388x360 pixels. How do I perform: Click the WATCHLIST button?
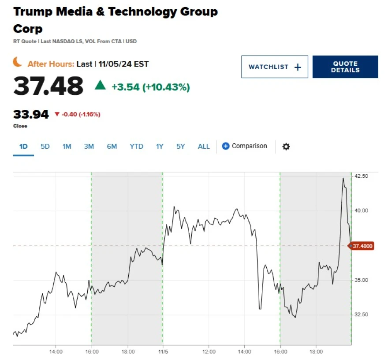pyautogui.click(x=274, y=67)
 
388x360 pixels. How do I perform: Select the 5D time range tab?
pyautogui.click(x=45, y=146)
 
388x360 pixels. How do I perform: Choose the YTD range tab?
pyautogui.click(x=136, y=146)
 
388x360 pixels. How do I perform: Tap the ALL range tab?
pyautogui.click(x=204, y=146)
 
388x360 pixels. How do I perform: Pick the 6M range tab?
pyautogui.click(x=112, y=146)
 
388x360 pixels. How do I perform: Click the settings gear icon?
pyautogui.click(x=286, y=146)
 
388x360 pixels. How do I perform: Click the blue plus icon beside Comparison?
pyautogui.click(x=225, y=146)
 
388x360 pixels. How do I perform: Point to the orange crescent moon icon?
pyautogui.click(x=18, y=63)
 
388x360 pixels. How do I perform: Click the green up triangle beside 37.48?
pyautogui.click(x=101, y=85)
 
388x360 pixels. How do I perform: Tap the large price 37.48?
pyautogui.click(x=48, y=86)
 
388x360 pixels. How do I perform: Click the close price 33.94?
pyautogui.click(x=31, y=115)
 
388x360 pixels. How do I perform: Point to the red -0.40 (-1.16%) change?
pyautogui.click(x=77, y=115)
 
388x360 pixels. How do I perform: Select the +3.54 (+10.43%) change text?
pyautogui.click(x=150, y=87)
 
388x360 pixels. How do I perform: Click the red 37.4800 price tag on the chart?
pyautogui.click(x=362, y=246)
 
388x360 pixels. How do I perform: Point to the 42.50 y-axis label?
pyautogui.click(x=361, y=176)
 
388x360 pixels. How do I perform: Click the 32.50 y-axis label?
pyautogui.click(x=361, y=315)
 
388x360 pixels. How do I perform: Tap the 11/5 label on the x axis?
pyautogui.click(x=163, y=352)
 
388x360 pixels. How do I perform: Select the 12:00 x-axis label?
pyautogui.click(x=209, y=352)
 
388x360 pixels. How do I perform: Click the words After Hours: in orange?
pyautogui.click(x=51, y=64)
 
